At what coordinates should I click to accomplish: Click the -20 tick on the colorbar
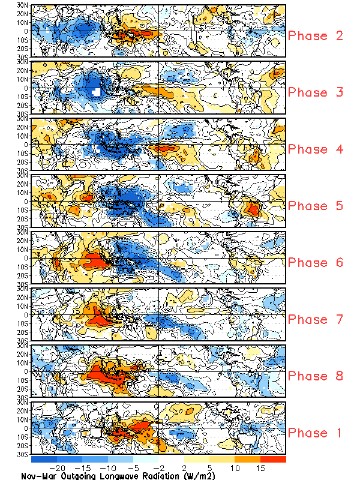[58, 467]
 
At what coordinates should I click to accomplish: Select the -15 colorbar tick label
[83, 467]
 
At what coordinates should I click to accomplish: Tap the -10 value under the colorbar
[109, 467]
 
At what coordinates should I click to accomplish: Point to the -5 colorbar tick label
[134, 467]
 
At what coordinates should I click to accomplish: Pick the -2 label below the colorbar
[160, 467]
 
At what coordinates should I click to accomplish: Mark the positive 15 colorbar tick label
[261, 467]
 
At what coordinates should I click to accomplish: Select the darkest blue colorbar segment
[44, 459]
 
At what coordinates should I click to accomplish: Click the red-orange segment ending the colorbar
[273, 459]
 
